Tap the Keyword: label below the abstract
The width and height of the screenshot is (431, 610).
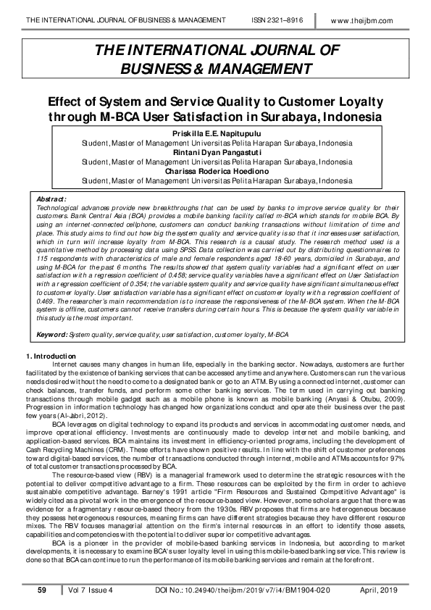click(x=52, y=335)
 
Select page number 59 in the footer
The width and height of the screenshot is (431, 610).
click(x=42, y=591)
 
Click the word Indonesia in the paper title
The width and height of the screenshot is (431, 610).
click(x=348, y=117)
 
